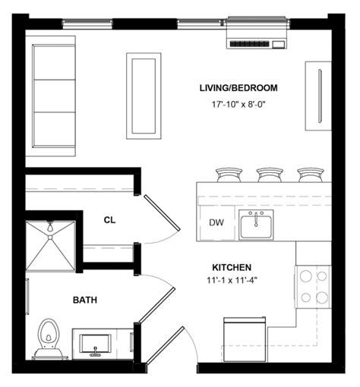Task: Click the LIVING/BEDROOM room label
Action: [x=238, y=88]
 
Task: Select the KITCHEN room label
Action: [x=232, y=268]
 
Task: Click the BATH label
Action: [x=84, y=300]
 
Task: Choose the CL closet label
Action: [x=109, y=220]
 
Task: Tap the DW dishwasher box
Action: [x=216, y=223]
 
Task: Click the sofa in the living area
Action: [x=53, y=95]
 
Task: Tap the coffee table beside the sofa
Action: [x=143, y=95]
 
